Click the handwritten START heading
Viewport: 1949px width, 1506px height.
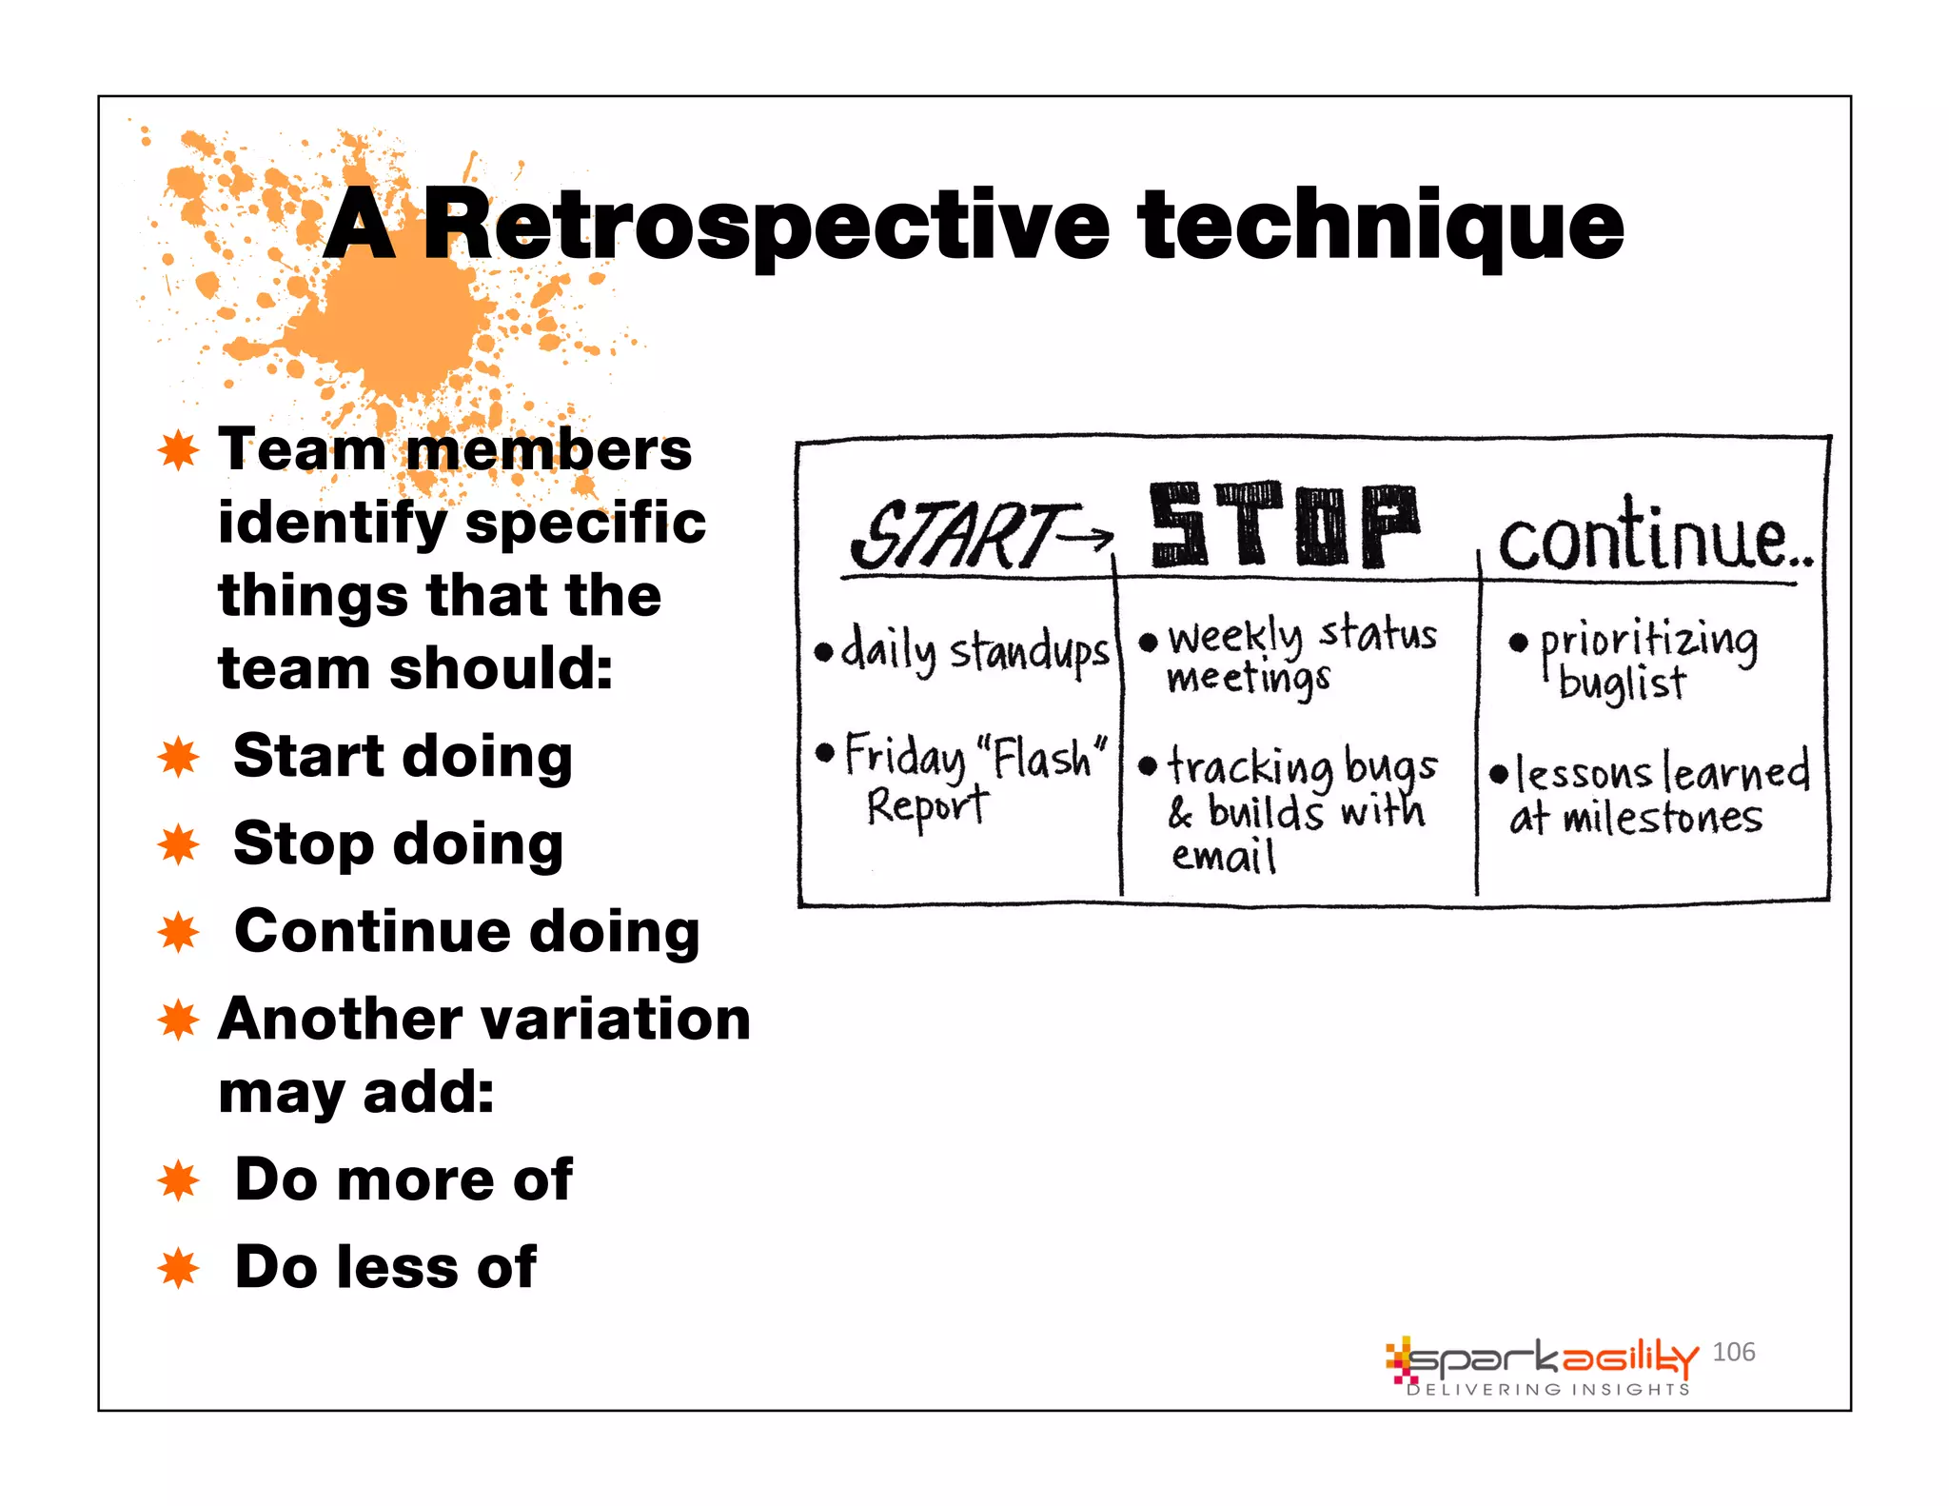pos(956,536)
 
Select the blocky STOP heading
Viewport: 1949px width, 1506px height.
pos(1284,525)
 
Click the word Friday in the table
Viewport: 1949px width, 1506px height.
pos(904,757)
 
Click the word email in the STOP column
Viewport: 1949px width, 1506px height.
pos(1223,856)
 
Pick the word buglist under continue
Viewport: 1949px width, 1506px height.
pos(1622,684)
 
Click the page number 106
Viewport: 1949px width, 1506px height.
pos(1733,1352)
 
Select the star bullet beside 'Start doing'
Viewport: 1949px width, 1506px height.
pos(178,758)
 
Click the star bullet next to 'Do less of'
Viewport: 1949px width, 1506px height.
pos(178,1268)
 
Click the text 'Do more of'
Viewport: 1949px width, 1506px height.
pos(404,1180)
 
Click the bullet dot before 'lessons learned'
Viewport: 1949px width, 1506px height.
pos(1499,773)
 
